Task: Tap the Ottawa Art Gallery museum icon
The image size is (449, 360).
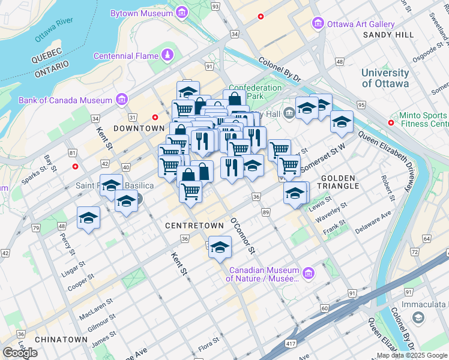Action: pyautogui.click(x=318, y=24)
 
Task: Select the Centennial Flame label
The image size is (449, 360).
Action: pyautogui.click(x=125, y=56)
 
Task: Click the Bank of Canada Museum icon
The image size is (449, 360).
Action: pyautogui.click(x=121, y=100)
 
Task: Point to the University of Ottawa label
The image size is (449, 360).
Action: pyautogui.click(x=385, y=78)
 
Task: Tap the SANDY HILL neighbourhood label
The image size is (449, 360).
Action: pyautogui.click(x=388, y=35)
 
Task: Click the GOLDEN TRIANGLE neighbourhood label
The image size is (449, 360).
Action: pyautogui.click(x=340, y=182)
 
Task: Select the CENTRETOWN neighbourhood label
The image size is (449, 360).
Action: pyautogui.click(x=194, y=225)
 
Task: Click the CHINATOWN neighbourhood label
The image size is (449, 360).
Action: pyautogui.click(x=61, y=340)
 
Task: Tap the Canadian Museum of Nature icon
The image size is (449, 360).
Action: pyautogui.click(x=309, y=274)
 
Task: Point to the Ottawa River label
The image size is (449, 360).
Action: pyautogui.click(x=54, y=30)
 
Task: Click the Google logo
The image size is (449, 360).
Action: pyautogui.click(x=20, y=352)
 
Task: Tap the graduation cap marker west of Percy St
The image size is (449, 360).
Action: pyautogui.click(x=88, y=218)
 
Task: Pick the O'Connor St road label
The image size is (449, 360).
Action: pyautogui.click(x=243, y=235)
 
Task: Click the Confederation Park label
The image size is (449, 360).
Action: pyautogui.click(x=255, y=92)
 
